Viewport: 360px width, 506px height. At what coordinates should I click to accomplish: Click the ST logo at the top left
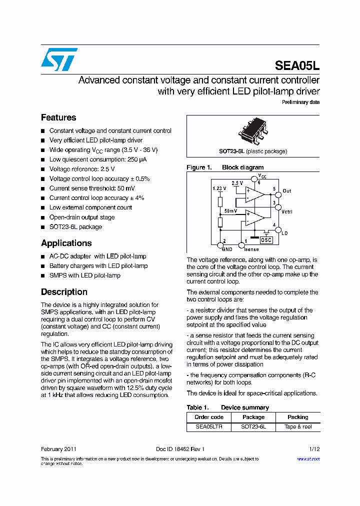pyautogui.click(x=59, y=59)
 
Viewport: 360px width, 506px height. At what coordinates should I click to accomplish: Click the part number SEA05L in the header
pyautogui.click(x=297, y=66)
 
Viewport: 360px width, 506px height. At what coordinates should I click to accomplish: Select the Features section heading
pyautogui.click(x=58, y=117)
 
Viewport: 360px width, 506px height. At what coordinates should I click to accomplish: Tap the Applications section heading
pyautogui.click(x=66, y=243)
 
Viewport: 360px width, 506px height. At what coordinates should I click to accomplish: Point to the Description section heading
pyautogui.click(x=64, y=292)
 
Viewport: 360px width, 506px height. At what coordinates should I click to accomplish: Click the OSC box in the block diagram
pyautogui.click(x=266, y=240)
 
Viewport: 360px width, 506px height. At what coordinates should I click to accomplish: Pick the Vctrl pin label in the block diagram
pyautogui.click(x=287, y=212)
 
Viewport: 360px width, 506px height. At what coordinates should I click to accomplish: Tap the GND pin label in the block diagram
pyautogui.click(x=227, y=249)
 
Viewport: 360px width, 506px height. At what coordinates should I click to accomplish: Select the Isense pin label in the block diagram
pyautogui.click(x=251, y=249)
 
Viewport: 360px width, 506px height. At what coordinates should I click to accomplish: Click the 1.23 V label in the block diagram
pyautogui.click(x=219, y=188)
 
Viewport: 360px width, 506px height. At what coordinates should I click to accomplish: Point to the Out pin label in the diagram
pyautogui.click(x=286, y=191)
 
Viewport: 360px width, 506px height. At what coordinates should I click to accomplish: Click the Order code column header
pyautogui.click(x=209, y=417)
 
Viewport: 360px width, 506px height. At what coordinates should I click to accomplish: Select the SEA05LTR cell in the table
pyautogui.click(x=209, y=426)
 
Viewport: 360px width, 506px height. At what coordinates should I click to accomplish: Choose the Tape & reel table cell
pyautogui.click(x=298, y=426)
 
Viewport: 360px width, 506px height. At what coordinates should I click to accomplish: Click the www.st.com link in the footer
pyautogui.click(x=308, y=458)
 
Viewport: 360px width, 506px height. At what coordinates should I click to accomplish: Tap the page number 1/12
pyautogui.click(x=313, y=449)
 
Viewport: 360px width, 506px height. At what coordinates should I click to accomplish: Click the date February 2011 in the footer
pyautogui.click(x=58, y=449)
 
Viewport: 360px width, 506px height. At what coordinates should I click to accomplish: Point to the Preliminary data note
pyautogui.click(x=300, y=102)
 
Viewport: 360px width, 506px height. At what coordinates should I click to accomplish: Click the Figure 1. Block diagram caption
pyautogui.click(x=225, y=167)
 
